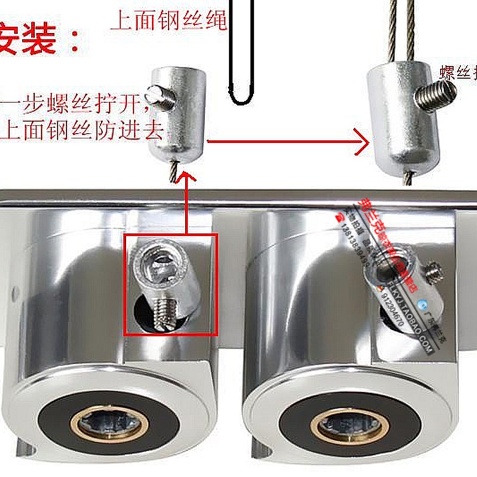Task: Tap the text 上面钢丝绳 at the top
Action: (169, 21)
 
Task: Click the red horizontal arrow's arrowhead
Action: (361, 143)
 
